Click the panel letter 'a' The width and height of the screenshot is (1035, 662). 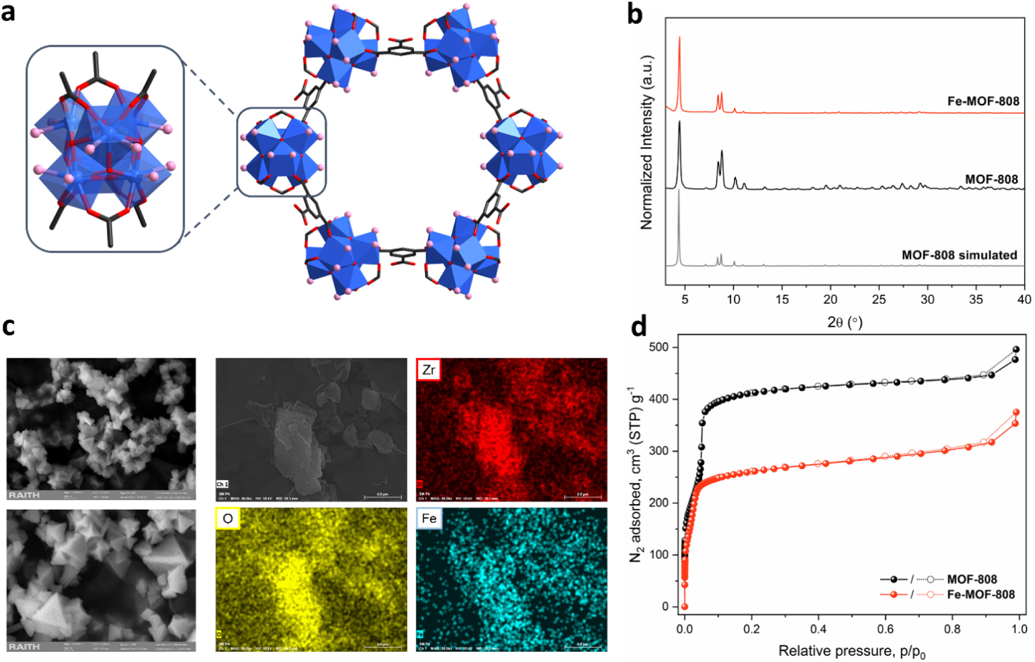(8, 12)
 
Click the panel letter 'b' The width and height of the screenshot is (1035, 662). (635, 14)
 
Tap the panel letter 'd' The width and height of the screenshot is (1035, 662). (639, 327)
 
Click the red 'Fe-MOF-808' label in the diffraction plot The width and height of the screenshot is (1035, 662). (983, 101)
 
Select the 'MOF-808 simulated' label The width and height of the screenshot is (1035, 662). (959, 255)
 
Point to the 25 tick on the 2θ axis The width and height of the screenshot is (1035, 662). (879, 299)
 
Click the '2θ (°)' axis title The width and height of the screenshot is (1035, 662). (845, 323)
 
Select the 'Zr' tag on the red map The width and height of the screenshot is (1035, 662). (428, 370)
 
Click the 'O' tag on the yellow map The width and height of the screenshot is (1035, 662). (228, 519)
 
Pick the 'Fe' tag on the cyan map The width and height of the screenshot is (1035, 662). (429, 519)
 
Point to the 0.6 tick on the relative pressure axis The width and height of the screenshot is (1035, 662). (885, 629)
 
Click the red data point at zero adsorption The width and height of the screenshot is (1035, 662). (685, 607)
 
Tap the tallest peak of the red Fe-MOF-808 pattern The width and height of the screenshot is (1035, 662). (679, 38)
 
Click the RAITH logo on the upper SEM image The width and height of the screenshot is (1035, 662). (24, 495)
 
